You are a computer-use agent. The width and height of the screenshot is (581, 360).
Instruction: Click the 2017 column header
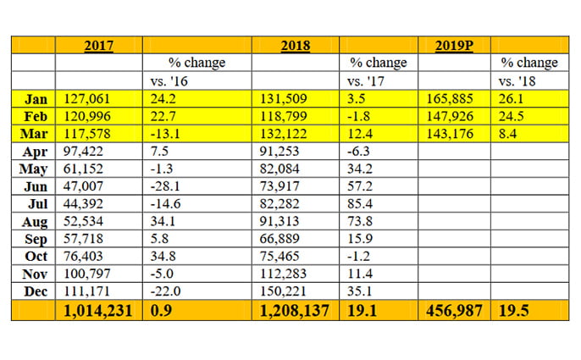[x=100, y=45]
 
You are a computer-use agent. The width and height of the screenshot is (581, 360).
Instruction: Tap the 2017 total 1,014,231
[x=98, y=311]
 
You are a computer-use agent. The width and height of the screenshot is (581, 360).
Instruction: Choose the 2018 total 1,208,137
[x=293, y=311]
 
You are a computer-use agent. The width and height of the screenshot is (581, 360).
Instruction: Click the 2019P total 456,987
[x=452, y=311]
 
